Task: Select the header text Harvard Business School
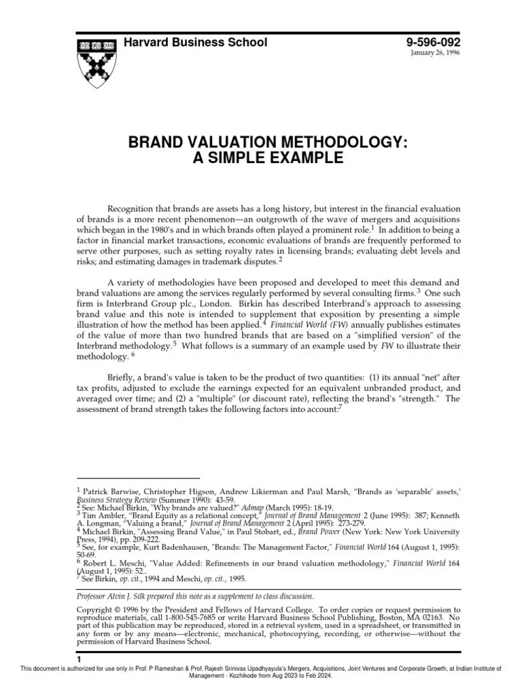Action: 195,43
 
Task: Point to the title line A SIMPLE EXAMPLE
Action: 260,159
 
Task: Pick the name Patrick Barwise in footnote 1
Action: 113,489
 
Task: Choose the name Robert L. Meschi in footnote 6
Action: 116,562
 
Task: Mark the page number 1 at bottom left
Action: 79,659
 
